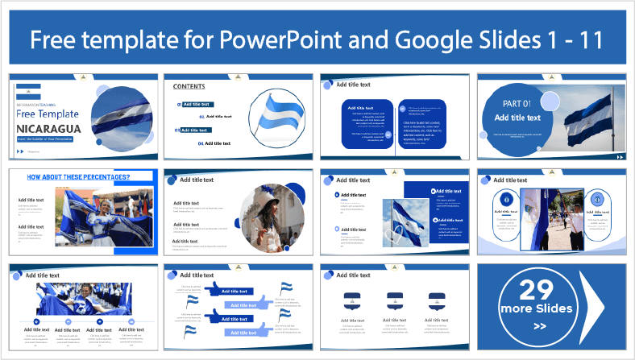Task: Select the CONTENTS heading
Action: tap(189, 86)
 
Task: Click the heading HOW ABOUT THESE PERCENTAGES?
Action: tap(79, 176)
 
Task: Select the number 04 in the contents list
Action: tap(200, 143)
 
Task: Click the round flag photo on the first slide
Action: tap(121, 118)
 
